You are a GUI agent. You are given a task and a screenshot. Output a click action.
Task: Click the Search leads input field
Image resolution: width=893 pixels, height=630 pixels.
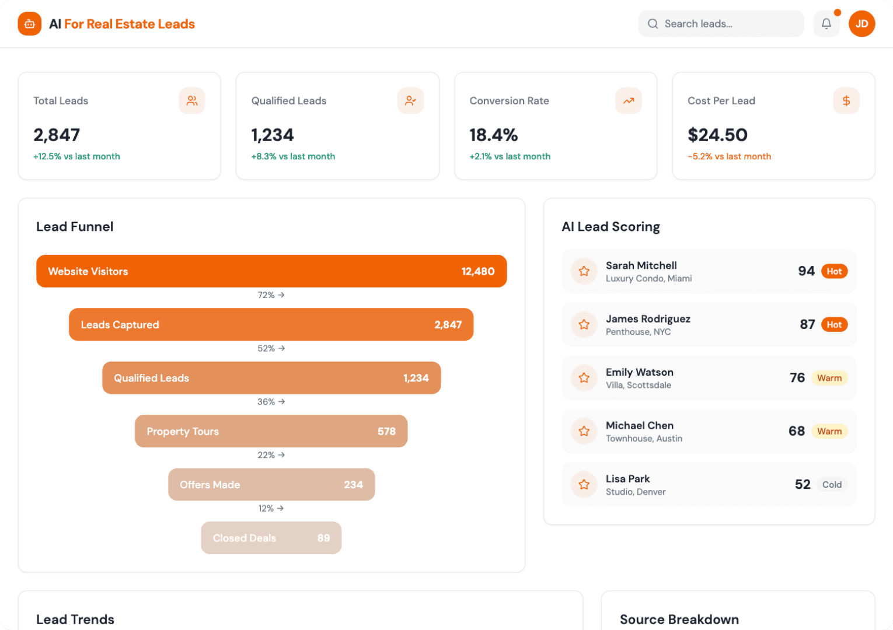tap(721, 24)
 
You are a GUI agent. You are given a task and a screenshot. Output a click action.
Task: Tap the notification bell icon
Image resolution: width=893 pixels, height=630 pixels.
tap(826, 24)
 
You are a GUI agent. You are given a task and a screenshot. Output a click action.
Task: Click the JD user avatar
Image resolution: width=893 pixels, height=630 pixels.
tap(861, 24)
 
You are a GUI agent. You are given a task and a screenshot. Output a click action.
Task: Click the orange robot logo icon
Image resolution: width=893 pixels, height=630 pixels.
tap(30, 24)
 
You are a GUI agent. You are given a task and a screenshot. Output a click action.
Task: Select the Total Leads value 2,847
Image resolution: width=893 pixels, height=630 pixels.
tap(57, 135)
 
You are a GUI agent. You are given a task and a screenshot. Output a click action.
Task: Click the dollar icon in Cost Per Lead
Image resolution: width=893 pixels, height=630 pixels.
tap(846, 101)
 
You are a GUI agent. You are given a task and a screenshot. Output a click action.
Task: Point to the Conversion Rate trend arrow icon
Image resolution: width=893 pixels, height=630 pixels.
tap(628, 101)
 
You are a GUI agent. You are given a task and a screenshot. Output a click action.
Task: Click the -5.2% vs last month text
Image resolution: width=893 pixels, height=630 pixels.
tap(729, 156)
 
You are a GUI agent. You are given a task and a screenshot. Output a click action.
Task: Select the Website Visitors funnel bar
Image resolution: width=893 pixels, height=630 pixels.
tap(271, 271)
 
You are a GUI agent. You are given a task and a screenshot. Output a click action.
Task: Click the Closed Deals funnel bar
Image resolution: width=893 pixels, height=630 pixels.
tap(271, 538)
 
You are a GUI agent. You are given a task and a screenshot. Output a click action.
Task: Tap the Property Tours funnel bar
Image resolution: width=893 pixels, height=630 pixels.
tap(271, 432)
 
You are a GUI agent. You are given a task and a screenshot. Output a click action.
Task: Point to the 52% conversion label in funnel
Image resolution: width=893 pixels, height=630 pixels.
tap(271, 348)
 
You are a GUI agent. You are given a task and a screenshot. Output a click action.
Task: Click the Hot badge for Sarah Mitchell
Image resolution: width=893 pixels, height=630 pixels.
tap(834, 271)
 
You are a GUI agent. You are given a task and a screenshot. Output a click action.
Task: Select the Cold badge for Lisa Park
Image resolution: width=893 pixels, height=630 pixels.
tap(832, 485)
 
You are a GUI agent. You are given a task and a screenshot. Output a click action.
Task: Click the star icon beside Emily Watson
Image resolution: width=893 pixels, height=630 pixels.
tap(584, 378)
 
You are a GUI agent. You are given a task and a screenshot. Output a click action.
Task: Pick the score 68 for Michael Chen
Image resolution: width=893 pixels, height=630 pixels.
tap(796, 431)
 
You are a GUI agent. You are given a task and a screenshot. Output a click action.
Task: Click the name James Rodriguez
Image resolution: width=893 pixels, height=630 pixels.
tap(648, 318)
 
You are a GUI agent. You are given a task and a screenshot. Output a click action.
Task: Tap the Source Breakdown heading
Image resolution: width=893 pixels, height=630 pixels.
tap(679, 619)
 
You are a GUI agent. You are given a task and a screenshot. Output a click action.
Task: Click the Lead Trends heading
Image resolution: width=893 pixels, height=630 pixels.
tap(75, 619)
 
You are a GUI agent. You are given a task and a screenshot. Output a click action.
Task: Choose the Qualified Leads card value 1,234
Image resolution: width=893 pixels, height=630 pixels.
tap(273, 135)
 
